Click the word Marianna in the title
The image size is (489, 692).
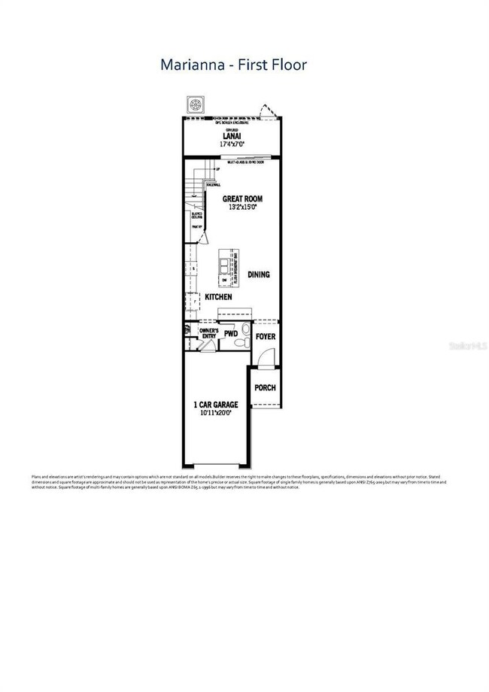193,65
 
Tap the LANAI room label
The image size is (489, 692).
232,136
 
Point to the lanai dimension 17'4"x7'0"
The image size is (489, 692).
232,144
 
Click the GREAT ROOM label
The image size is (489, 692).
242,198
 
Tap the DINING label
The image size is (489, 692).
258,275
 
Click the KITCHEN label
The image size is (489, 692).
218,297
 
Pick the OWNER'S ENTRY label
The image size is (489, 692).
208,333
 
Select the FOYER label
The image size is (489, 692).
265,336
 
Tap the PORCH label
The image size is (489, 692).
265,388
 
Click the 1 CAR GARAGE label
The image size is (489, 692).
216,405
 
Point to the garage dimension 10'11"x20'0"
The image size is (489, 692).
216,413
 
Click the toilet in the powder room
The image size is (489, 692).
240,343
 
